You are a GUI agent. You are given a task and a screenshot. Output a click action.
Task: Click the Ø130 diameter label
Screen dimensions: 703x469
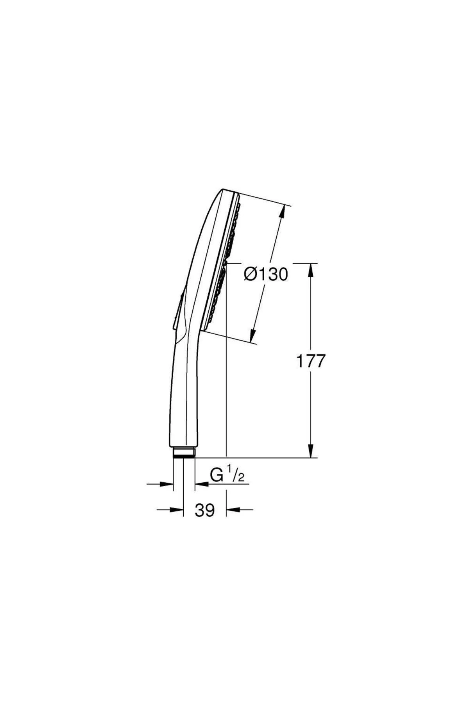[x=266, y=275]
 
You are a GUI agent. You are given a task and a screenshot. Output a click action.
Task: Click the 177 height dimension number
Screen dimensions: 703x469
[x=311, y=361]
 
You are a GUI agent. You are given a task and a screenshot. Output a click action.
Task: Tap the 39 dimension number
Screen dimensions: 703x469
[x=205, y=510]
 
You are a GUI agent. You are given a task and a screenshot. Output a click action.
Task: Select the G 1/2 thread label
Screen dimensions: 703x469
[x=227, y=476]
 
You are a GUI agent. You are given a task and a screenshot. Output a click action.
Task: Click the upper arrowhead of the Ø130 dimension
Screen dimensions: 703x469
[x=283, y=211]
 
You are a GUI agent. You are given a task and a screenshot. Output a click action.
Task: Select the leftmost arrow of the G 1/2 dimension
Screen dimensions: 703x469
[x=166, y=484]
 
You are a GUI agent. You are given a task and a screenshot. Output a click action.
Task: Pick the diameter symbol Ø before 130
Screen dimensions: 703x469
[x=250, y=275]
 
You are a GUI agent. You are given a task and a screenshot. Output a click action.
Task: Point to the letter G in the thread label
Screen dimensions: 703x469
[x=217, y=476]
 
